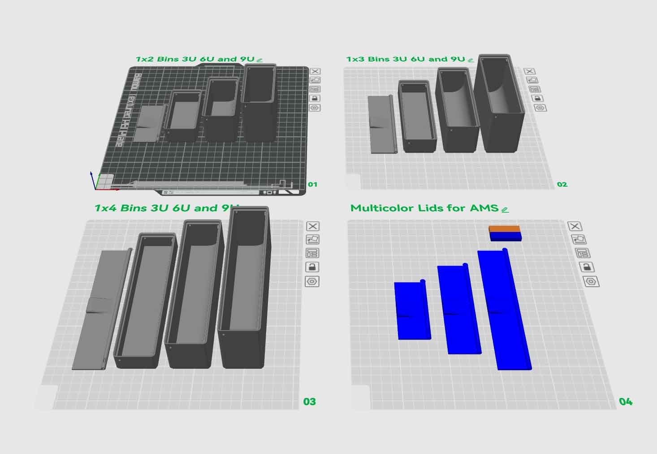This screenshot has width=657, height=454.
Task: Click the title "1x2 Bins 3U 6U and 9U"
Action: pos(195,59)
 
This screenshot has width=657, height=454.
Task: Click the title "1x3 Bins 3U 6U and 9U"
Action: pos(406,59)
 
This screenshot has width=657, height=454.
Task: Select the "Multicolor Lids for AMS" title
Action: pos(424,208)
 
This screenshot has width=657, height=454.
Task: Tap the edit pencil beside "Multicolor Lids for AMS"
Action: pos(505,209)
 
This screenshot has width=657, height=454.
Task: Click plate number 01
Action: pos(312,184)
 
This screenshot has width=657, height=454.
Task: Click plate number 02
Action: pos(562,184)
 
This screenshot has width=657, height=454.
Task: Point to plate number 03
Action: pos(310,402)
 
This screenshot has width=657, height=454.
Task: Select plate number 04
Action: pos(626,402)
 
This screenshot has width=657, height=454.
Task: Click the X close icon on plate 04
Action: pos(575,227)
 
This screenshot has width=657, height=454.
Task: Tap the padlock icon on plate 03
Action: pos(312,267)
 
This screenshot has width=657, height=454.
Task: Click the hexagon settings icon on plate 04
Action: pos(591,282)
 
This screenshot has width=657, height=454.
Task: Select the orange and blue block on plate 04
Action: pos(505,233)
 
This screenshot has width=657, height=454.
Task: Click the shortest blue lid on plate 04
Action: pos(412,310)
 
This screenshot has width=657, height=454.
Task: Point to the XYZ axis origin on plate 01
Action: pos(95,189)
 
